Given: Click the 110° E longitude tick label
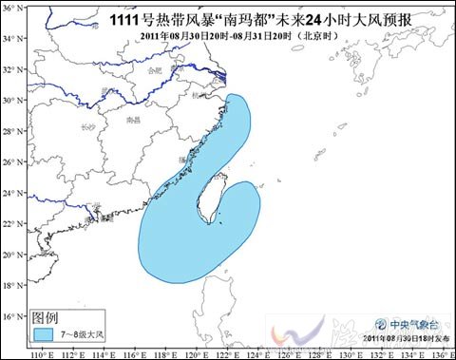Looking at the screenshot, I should (x=40, y=352).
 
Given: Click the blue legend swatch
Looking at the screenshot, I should (x=43, y=334).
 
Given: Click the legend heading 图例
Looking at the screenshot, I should (x=46, y=317).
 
